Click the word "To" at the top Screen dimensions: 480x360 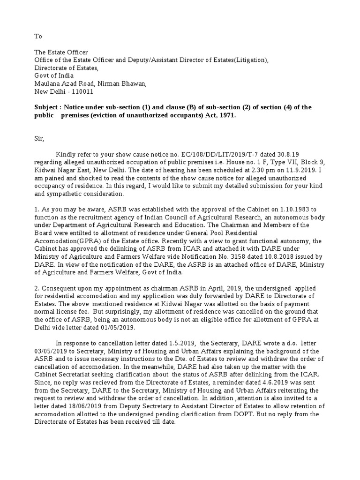38,36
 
